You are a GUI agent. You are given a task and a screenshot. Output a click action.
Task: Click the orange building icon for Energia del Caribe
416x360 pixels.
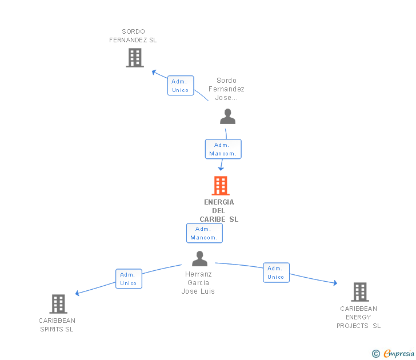(221, 186)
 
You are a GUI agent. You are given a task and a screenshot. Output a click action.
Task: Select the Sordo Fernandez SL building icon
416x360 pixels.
(135, 58)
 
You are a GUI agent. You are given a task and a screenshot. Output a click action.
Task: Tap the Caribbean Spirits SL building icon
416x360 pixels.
(58, 304)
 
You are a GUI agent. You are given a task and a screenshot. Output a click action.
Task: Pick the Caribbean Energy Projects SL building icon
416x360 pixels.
(360, 292)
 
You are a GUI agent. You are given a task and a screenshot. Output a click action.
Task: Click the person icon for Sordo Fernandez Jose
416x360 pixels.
(227, 116)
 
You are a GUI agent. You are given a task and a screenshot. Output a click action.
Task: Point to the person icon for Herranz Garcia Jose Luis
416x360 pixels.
(200, 259)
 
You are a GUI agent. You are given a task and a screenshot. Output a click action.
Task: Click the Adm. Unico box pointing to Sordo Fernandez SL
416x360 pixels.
(181, 85)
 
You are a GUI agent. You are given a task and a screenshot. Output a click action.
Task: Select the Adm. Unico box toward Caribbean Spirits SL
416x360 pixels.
(129, 279)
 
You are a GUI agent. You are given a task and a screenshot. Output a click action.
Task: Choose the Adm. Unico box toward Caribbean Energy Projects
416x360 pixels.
(276, 273)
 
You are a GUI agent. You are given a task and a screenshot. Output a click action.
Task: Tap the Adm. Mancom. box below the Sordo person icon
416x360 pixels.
(223, 149)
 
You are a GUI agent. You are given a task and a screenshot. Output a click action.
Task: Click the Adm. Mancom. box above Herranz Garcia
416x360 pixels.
(205, 233)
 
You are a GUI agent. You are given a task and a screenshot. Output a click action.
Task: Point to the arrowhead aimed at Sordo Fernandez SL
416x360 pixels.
(154, 72)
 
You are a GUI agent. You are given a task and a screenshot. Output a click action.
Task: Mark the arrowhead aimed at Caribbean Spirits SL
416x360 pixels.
(78, 293)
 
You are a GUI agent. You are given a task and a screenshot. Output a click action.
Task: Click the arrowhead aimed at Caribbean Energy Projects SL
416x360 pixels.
(335, 283)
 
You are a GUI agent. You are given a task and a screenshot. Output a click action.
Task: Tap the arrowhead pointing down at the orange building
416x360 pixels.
(221, 169)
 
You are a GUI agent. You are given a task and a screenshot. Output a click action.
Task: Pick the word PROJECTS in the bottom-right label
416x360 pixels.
(353, 326)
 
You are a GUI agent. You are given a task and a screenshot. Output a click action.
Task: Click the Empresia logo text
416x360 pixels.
(399, 353)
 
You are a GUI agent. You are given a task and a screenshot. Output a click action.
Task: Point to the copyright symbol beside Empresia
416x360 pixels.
(376, 354)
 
